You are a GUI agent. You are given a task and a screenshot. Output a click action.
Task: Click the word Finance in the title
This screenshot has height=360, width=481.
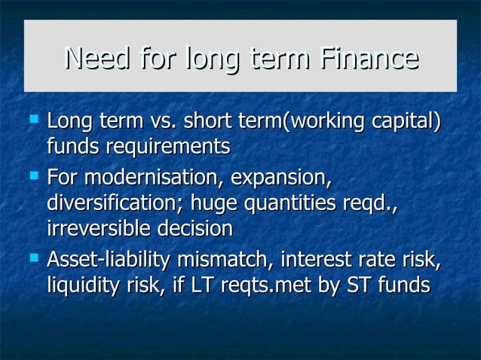click(367, 57)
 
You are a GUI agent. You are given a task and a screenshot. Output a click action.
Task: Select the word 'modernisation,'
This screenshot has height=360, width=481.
click(154, 180)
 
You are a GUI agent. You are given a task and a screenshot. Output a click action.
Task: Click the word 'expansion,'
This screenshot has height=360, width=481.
click(280, 180)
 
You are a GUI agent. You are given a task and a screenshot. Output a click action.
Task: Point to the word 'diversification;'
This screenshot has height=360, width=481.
click(115, 203)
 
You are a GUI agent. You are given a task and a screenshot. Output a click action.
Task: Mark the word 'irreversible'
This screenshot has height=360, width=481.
click(98, 227)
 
